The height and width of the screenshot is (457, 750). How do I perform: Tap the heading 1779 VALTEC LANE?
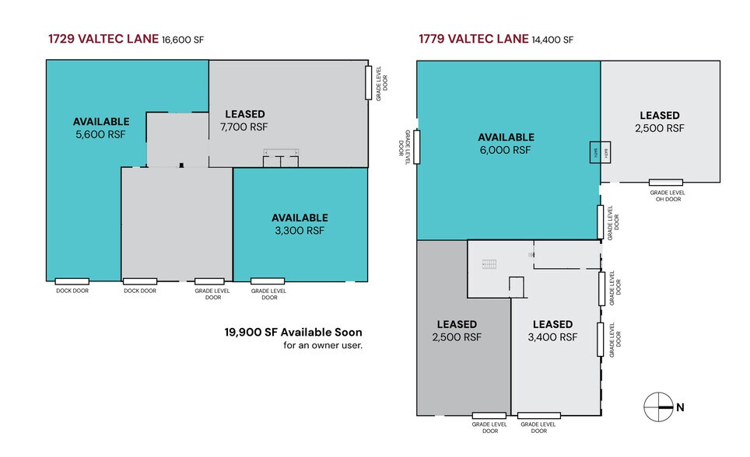coord(474,39)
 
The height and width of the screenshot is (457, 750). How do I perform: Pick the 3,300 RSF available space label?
coord(299,230)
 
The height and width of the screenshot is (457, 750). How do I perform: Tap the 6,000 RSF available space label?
coord(506,150)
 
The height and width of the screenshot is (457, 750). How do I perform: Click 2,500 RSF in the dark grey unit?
coord(458,337)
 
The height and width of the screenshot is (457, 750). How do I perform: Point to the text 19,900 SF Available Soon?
coord(293,332)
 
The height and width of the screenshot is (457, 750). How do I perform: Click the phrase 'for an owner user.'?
coord(323,345)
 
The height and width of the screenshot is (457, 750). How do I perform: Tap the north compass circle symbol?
coord(658,406)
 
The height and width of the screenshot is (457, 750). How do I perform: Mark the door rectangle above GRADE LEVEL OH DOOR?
coord(666,183)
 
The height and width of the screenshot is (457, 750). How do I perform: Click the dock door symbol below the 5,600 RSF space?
coord(72,281)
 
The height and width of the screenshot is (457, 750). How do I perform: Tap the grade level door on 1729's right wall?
coord(369,82)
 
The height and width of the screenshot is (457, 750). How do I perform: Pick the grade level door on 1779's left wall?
coord(417,146)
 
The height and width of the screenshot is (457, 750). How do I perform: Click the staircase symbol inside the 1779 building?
coord(489,264)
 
